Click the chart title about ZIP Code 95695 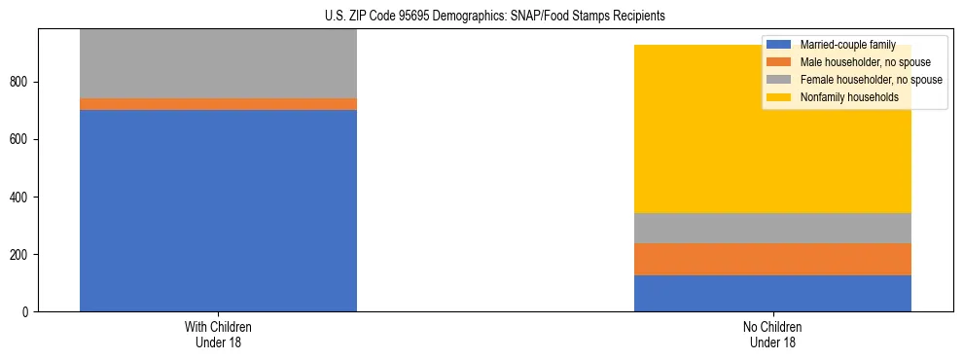point(481,17)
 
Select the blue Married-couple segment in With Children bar point(218,210)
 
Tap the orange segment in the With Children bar point(218,104)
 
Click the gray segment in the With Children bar point(218,63)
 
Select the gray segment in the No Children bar point(772,228)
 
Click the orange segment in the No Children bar point(772,259)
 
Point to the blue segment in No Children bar point(772,293)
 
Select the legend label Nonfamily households point(842,97)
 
